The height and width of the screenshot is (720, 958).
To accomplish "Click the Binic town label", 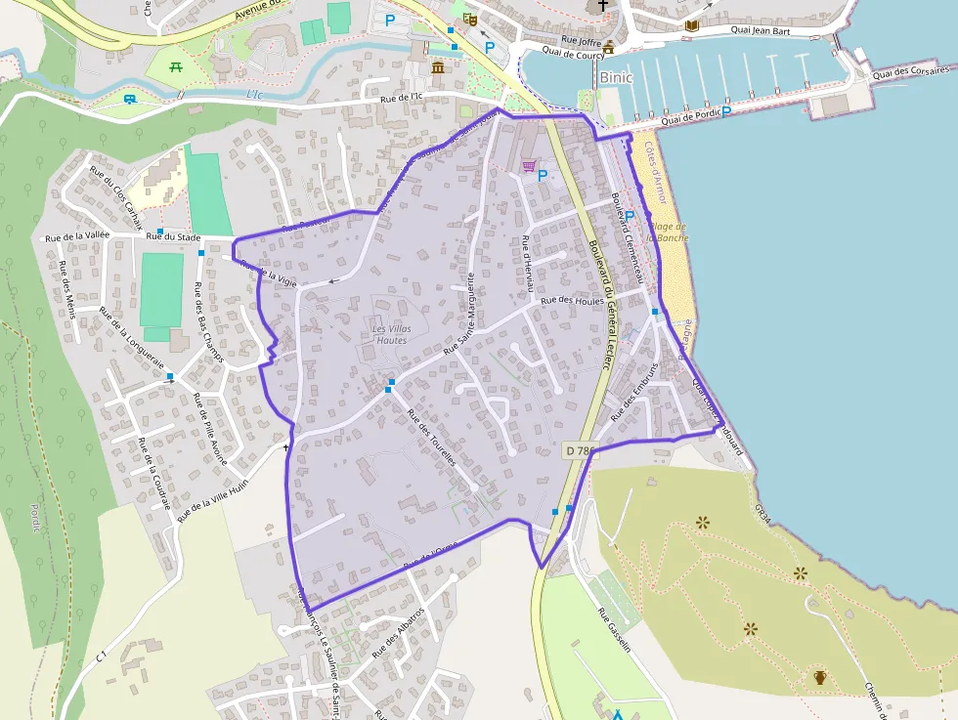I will point(617,77).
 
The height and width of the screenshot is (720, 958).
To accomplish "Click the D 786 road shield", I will point(579,450).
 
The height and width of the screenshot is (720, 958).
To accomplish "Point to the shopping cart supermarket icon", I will point(529,167).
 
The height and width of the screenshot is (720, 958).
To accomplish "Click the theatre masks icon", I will point(470,19).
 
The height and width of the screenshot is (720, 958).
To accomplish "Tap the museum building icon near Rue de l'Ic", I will point(437,67).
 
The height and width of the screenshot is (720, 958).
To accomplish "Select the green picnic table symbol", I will point(177,67).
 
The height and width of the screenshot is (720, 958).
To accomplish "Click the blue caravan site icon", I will point(130,99).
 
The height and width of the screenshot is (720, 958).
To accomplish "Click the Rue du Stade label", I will point(173,236).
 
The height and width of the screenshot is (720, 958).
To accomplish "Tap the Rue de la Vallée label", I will point(77,236).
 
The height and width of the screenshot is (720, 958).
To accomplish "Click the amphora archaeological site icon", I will point(819,677).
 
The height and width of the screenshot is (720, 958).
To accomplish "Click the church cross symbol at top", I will point(603,7).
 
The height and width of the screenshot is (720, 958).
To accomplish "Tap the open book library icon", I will point(692,25).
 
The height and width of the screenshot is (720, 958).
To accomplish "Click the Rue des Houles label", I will point(572,301).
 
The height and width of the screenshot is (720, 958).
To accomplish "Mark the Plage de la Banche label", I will point(669,232).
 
